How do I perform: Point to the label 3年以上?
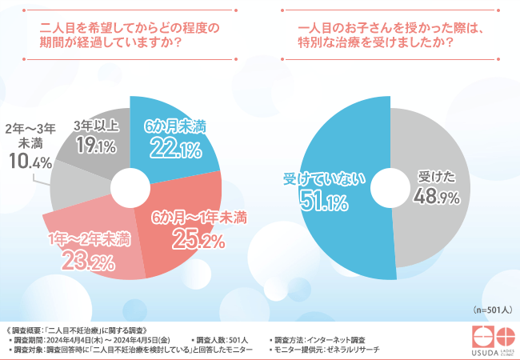[96, 126]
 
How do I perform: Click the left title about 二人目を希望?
[129, 34]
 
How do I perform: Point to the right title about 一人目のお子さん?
[391, 34]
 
